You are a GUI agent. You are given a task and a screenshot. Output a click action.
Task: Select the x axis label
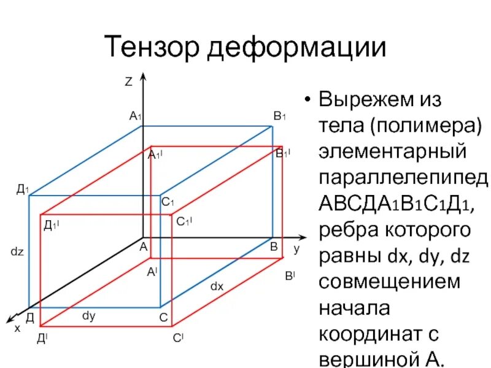coord(17,328)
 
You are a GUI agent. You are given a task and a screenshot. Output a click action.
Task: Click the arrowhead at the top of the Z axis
coord(143,77)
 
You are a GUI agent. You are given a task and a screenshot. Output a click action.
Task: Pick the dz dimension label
coord(17,251)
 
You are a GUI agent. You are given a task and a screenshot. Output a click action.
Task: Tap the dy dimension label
coord(89,316)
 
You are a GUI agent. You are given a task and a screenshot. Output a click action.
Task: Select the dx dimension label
coord(217,286)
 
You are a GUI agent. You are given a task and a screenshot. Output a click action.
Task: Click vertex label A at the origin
coord(143,247)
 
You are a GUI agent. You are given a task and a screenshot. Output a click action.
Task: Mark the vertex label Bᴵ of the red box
coord(289,277)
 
